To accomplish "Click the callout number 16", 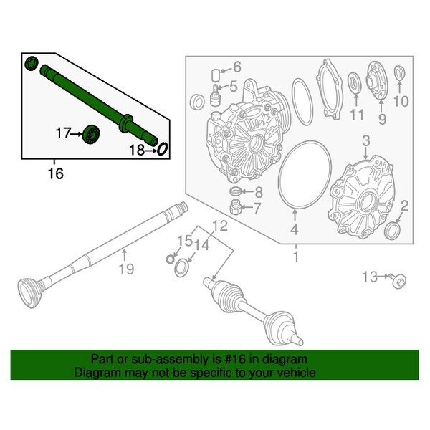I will (55, 173).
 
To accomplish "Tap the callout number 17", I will (64, 133).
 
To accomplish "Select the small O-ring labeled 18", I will (162, 148).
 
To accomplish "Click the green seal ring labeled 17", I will (92, 133).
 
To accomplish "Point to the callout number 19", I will (125, 269).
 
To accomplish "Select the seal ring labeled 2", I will (393, 231).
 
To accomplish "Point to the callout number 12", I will (219, 226).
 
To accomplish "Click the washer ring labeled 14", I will (181, 268).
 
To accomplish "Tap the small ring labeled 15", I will (171, 258).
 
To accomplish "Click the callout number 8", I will (259, 192).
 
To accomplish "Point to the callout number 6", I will (236, 68).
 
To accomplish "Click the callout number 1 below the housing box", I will (295, 255).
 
